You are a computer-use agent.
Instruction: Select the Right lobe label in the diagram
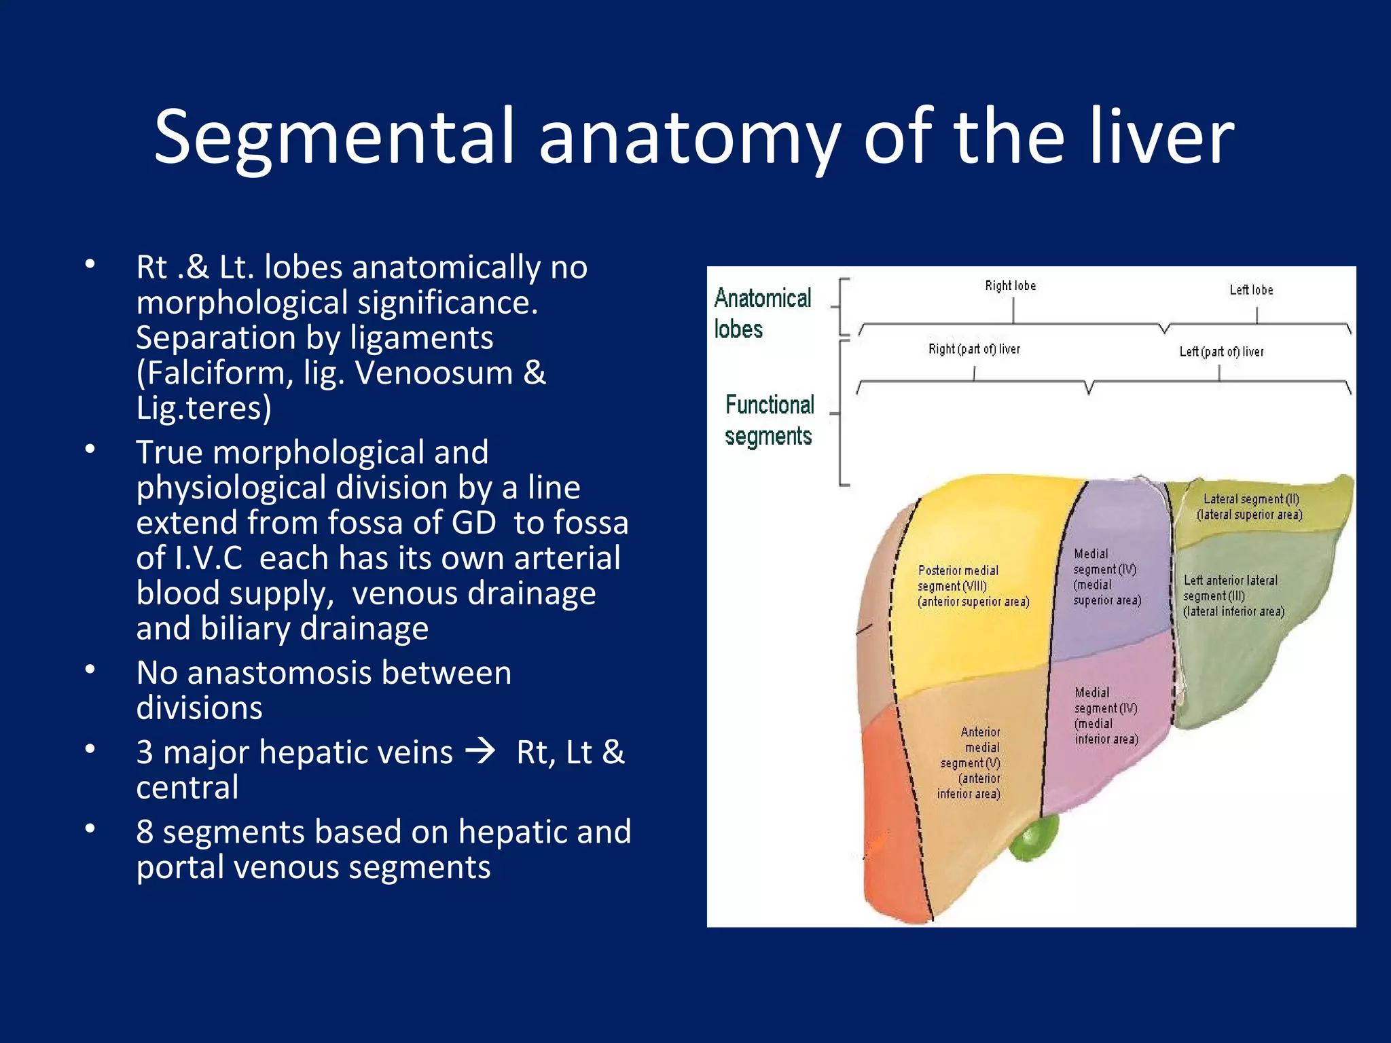tap(1011, 286)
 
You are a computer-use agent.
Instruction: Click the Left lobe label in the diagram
tap(1251, 290)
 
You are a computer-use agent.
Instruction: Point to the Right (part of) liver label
tap(974, 349)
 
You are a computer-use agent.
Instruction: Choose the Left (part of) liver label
tap(1221, 352)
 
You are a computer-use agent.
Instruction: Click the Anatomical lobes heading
tap(761, 313)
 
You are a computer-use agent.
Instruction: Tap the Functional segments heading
tap(769, 420)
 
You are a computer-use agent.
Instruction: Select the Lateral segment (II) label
tap(1250, 507)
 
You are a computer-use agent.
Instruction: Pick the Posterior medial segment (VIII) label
tap(973, 586)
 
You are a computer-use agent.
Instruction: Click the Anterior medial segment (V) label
tap(970, 763)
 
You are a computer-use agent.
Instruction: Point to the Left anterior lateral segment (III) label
tap(1233, 596)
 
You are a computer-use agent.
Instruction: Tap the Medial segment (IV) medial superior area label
tap(1106, 577)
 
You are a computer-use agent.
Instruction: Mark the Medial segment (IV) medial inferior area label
tap(1106, 716)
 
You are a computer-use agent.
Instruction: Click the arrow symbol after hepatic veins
tap(482, 752)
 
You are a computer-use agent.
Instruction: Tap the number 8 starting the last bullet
tap(145, 832)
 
